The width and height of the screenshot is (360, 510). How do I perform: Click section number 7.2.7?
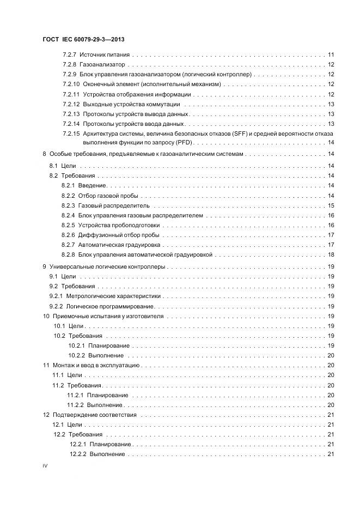[x=70, y=55]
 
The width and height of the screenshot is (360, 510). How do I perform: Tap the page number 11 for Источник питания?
[x=331, y=55]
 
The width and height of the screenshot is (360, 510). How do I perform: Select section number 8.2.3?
[x=69, y=205]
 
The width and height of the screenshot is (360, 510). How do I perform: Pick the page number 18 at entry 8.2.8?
[x=331, y=254]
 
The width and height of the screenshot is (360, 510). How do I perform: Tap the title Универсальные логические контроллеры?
[x=108, y=267]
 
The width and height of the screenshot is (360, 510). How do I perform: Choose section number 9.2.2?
[x=57, y=306]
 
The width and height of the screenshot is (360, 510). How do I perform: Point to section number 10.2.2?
[x=76, y=355]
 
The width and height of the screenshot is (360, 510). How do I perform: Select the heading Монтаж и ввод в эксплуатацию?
[x=96, y=365]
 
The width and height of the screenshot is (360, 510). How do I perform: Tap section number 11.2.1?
[x=75, y=395]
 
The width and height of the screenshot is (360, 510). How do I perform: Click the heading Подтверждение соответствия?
[x=94, y=415]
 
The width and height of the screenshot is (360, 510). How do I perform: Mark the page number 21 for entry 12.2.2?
[x=331, y=454]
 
